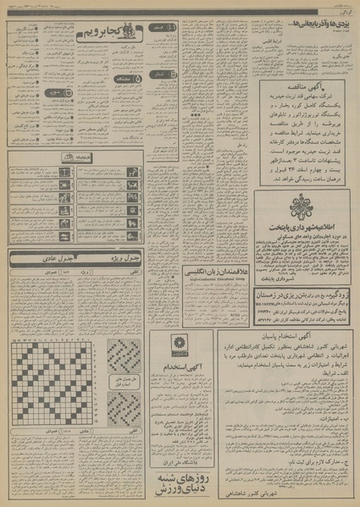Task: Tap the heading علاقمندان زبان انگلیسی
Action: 205,271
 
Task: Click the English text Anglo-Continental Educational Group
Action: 205,279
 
